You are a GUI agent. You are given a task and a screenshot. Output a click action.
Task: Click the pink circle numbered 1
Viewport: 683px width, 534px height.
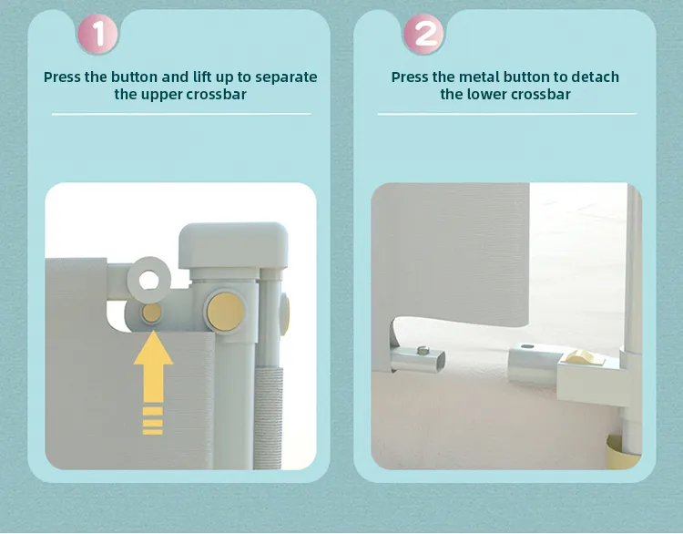click(x=97, y=34)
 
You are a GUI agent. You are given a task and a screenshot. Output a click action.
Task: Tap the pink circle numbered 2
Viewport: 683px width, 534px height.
click(x=423, y=34)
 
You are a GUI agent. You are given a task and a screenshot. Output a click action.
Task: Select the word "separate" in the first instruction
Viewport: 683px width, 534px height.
click(x=286, y=77)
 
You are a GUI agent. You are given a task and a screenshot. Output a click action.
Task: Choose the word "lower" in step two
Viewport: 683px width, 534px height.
click(x=486, y=94)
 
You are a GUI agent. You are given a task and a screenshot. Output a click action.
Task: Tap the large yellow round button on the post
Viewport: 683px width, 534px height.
click(x=225, y=312)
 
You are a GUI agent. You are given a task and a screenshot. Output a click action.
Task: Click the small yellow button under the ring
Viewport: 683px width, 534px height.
click(x=151, y=313)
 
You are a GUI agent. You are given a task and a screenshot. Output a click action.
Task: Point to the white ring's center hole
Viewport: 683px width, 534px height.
click(x=149, y=281)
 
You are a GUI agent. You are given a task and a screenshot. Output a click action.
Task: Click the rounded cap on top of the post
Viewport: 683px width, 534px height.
click(x=233, y=245)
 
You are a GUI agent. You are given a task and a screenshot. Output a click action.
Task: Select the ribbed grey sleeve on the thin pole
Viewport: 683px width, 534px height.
click(x=268, y=417)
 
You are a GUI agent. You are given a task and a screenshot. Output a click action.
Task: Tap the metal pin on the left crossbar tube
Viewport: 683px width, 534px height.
click(x=423, y=350)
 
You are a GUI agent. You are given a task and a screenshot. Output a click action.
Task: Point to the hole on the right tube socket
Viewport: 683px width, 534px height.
click(x=527, y=346)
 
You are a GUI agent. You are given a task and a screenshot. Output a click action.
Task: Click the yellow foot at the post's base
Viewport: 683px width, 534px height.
click(x=623, y=451)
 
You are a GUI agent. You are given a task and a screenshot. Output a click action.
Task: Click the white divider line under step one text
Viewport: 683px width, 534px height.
click(x=181, y=114)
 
